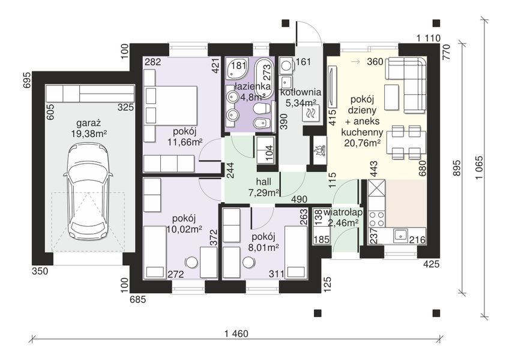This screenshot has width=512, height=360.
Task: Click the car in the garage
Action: click(88, 192)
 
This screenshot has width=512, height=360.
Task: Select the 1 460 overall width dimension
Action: click(236, 334)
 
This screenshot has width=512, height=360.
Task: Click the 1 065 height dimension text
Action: click(480, 168)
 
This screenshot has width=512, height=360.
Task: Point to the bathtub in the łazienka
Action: click(264, 79)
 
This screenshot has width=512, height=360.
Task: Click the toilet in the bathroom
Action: click(262, 109)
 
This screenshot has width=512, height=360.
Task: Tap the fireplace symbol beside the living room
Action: click(319, 151)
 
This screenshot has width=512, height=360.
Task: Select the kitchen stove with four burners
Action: click(377, 219)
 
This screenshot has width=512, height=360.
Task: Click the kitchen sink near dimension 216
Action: click(400, 235)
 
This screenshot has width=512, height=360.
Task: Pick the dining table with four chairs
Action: click(406, 142)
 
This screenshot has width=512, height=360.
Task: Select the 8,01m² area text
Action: click(264, 247)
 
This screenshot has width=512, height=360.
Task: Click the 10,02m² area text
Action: click(184, 229)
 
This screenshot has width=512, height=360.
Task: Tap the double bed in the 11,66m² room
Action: click(171, 105)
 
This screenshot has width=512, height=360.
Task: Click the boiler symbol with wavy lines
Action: click(310, 113)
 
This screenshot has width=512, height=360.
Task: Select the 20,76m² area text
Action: click(362, 143)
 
